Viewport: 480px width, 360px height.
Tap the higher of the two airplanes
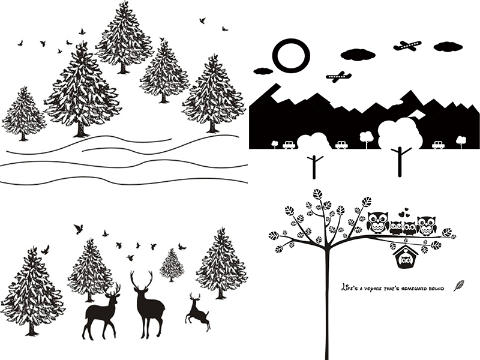407,46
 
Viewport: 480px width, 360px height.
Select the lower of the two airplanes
338,76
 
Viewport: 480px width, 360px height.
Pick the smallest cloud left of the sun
263,71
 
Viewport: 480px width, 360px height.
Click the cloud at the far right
448,47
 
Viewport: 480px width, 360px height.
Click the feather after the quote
459,286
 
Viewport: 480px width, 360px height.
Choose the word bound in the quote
437,289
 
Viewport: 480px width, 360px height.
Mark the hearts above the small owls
404,212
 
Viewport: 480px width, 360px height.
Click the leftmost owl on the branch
378,223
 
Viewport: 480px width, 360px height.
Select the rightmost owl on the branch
427,226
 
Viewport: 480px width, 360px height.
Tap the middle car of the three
341,145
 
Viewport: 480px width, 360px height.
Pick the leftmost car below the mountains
289,145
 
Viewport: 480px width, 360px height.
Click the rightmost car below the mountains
438,145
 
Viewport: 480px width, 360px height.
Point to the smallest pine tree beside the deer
172,265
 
